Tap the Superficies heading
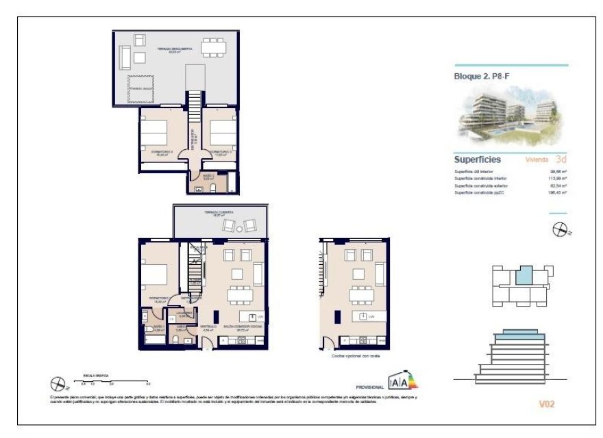pos(478,159)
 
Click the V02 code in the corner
pos(545,404)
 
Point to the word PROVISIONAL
pos(371,387)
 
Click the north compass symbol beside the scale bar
pos(58,385)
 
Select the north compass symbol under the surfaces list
pos(560,231)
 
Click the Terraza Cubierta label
pos(218,214)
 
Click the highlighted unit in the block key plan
pos(522,276)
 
